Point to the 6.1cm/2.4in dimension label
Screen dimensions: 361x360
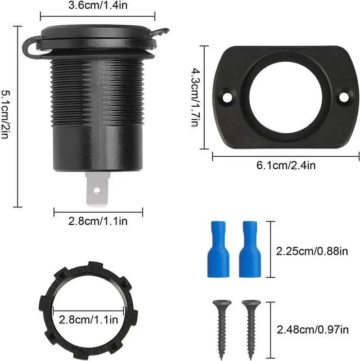tap(286, 165)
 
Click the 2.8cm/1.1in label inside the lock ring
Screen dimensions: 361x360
tap(88, 320)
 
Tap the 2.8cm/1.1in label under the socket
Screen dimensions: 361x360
tap(98, 221)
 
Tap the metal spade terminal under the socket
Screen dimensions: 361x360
tap(97, 190)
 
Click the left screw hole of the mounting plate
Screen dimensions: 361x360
tap(227, 97)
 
